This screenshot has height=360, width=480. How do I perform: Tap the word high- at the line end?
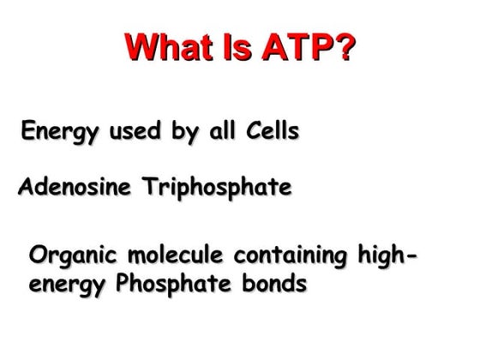click(388, 255)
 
